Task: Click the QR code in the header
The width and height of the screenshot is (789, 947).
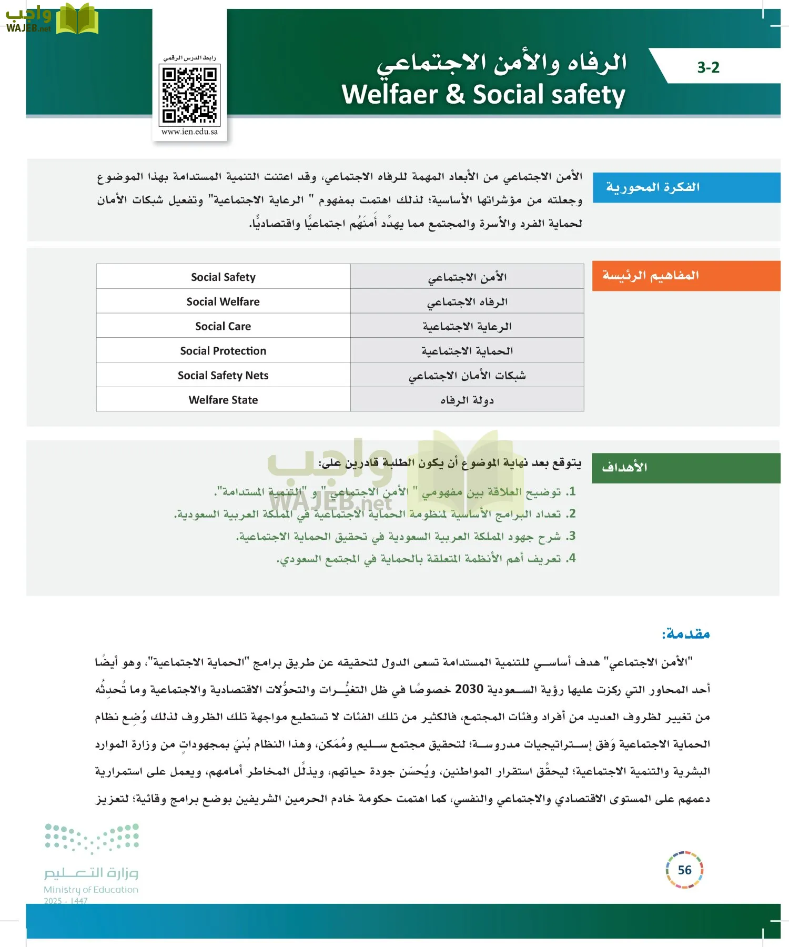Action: point(189,95)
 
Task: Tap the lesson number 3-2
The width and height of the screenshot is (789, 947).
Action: point(708,67)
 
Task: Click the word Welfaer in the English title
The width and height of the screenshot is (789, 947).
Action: point(390,95)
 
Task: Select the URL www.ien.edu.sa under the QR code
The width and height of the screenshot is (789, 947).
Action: point(189,132)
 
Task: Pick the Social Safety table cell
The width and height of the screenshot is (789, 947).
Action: point(223,277)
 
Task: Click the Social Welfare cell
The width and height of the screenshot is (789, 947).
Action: point(223,301)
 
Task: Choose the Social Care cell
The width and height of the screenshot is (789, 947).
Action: point(223,326)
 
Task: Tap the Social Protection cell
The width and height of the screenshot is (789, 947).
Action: point(223,351)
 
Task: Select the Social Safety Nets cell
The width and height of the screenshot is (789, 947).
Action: point(223,375)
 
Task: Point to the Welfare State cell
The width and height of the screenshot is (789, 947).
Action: point(223,400)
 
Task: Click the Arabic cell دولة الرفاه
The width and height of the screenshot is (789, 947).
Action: point(467,400)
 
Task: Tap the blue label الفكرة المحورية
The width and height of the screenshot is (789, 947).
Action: point(652,187)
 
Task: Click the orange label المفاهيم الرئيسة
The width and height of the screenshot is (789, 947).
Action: point(650,276)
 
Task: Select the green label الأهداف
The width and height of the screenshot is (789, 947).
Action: point(624,467)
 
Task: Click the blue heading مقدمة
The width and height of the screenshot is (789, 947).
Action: point(686,633)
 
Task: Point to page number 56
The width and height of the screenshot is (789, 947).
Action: point(684,870)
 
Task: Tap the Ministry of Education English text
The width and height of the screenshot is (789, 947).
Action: point(91,890)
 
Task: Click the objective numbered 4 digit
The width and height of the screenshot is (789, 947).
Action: point(572,558)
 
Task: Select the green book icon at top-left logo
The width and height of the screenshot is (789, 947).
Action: point(77,19)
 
